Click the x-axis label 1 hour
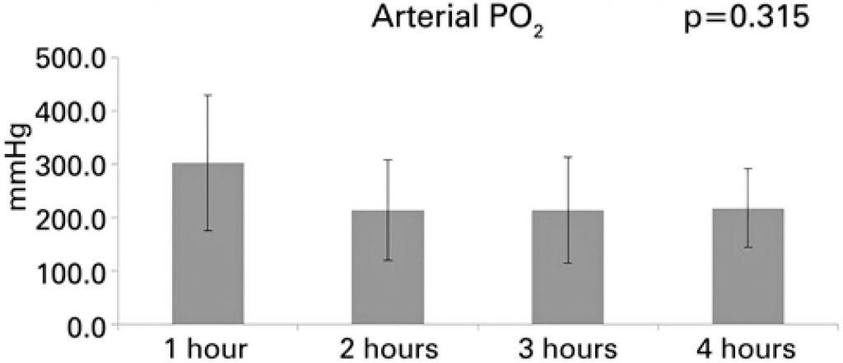207,348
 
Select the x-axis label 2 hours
388,348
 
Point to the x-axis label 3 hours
568,348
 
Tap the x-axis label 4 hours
748,348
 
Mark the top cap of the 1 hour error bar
207,95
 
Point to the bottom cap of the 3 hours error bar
567,263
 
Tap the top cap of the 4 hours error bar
748,169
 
